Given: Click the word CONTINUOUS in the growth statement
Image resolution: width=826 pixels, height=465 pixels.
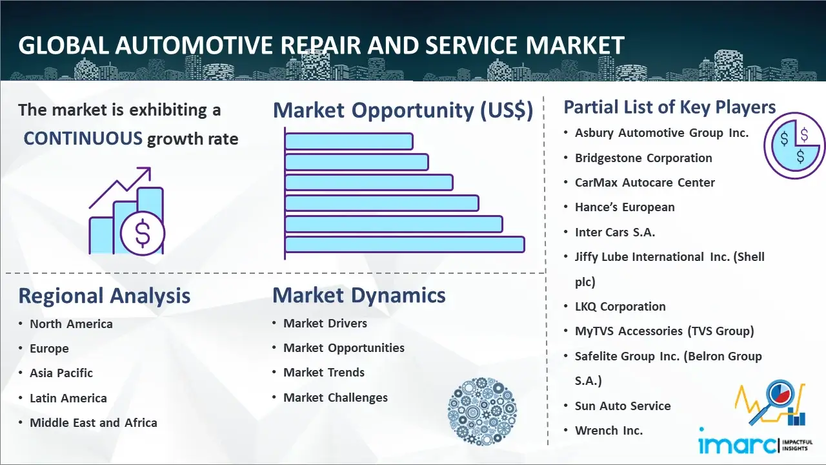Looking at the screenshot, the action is click(83, 139).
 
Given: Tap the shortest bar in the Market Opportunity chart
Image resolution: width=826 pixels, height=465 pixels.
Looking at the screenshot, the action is click(349, 141).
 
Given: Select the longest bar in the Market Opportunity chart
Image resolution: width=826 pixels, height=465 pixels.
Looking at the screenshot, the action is click(405, 245).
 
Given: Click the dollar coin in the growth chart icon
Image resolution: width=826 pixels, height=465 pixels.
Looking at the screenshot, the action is click(143, 234).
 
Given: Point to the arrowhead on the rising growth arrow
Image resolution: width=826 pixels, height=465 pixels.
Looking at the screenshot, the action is click(145, 172).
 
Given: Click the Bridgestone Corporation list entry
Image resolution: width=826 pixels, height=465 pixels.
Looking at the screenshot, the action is click(643, 158).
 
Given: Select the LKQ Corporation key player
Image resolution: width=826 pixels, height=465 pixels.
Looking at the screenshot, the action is click(620, 307).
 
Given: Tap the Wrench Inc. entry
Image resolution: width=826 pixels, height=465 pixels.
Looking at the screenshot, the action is click(609, 431).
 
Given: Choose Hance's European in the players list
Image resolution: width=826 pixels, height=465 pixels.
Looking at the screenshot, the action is click(625, 207).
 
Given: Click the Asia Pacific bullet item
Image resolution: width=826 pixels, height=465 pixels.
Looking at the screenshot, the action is click(61, 373).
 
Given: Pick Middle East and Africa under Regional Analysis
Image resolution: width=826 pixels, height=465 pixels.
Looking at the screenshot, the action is click(94, 422).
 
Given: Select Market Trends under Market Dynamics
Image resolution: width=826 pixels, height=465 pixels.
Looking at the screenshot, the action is click(324, 373).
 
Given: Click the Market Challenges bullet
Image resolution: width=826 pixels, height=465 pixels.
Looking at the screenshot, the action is click(336, 397).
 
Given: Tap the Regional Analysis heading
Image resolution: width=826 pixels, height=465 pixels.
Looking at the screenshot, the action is click(105, 296).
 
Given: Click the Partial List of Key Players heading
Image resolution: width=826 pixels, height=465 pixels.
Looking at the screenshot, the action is click(670, 107).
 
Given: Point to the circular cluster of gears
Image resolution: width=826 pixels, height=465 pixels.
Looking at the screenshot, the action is click(482, 411).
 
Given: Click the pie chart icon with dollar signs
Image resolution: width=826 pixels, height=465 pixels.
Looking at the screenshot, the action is click(794, 146).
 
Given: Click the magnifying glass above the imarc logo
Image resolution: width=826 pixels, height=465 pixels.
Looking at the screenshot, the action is click(774, 399).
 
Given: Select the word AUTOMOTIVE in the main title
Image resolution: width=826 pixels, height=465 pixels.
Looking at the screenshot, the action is click(195, 45).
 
